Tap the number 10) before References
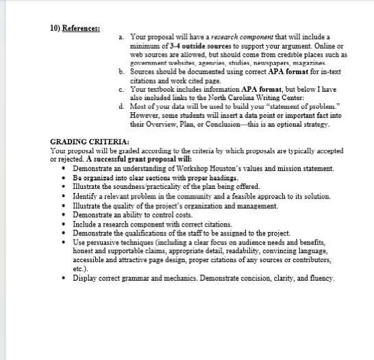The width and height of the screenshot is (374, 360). [58, 28]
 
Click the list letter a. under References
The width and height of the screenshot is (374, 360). [121, 36]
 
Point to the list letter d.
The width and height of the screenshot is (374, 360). [121, 107]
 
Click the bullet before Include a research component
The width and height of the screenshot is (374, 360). [64, 224]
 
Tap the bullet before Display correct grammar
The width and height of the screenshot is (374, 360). [64, 279]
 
